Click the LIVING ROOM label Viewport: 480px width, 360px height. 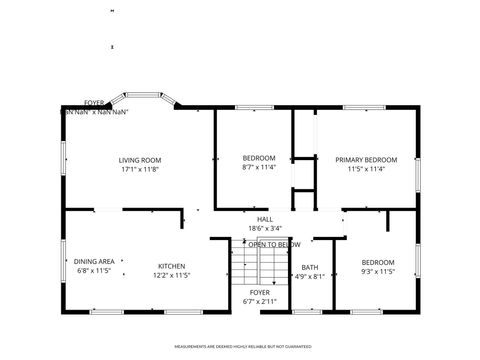coord(140,160)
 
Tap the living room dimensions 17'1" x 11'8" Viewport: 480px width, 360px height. coord(140,169)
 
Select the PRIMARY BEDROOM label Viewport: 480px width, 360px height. coord(366,160)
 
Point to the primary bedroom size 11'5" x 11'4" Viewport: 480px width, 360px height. coord(366,169)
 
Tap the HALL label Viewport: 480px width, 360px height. coord(265,220)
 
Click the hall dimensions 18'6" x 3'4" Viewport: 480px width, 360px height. coord(265,229)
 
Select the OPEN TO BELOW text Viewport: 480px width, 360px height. coord(274,244)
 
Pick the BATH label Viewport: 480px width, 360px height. coord(309,267)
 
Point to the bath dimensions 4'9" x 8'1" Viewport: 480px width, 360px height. coord(309,276)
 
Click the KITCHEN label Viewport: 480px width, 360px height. coord(171,266)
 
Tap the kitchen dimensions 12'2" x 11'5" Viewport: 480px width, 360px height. coord(171,275)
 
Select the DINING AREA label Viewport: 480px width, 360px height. coord(95,261)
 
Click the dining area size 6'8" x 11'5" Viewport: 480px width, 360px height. coord(95,271)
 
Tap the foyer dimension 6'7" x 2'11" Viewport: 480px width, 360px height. coord(259,301)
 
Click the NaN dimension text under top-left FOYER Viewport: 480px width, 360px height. coord(95,111)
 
